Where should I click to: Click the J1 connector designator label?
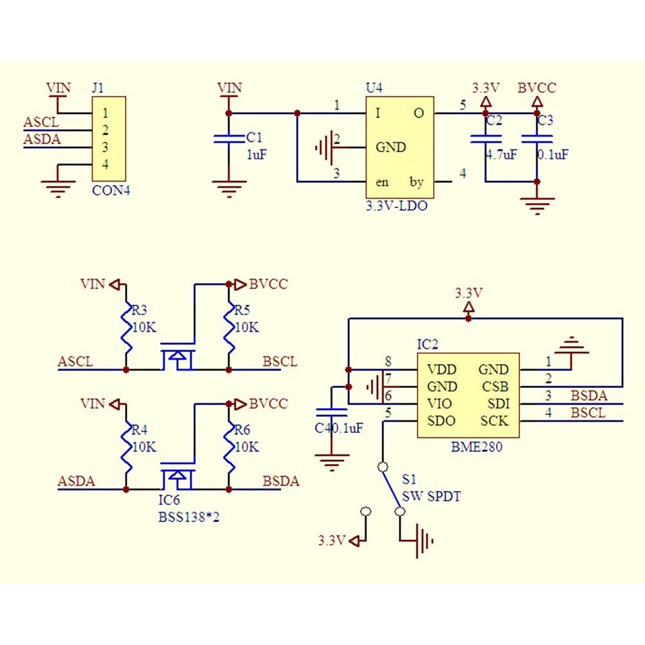(98, 88)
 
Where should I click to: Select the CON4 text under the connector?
(111, 191)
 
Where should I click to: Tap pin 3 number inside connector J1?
(105, 147)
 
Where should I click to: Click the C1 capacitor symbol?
(229, 139)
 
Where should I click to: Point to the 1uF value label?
(256, 155)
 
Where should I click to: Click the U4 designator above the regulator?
(374, 88)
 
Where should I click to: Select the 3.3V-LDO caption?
(396, 206)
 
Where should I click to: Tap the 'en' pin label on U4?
(382, 182)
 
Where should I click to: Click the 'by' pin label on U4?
(416, 182)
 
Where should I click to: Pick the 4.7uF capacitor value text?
(501, 155)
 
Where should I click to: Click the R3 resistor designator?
(139, 310)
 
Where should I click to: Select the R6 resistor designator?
(242, 430)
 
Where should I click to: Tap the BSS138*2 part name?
(189, 517)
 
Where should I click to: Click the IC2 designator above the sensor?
(427, 344)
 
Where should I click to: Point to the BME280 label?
(477, 447)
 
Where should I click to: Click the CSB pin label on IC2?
(496, 387)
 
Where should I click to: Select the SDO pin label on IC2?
(441, 421)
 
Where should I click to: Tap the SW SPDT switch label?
(431, 497)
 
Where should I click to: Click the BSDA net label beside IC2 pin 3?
(589, 396)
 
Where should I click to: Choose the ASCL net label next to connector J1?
(41, 122)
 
